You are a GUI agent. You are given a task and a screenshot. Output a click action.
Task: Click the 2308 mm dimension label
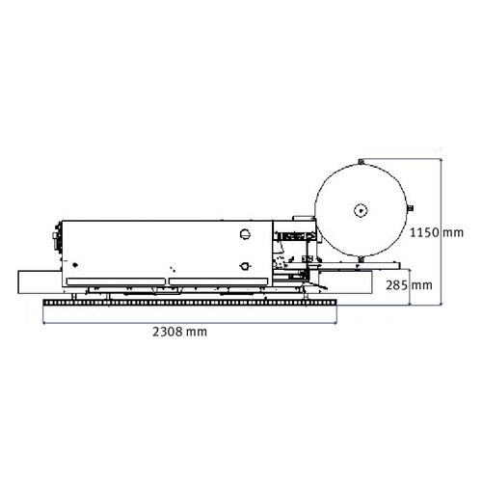tap(179, 332)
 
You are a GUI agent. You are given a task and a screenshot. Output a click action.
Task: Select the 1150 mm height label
tap(437, 232)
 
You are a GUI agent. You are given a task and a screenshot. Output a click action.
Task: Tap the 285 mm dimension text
tap(409, 285)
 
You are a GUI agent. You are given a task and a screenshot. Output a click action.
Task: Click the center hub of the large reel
tap(361, 211)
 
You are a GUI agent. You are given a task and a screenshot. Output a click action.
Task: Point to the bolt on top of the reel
tap(361, 161)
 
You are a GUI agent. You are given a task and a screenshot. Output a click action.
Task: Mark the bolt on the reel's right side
tap(410, 208)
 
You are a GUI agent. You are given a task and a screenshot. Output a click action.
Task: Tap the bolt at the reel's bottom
tap(361, 258)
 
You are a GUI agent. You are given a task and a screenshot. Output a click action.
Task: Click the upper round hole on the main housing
tap(245, 234)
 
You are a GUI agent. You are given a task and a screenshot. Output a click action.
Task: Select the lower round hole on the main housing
tap(245, 266)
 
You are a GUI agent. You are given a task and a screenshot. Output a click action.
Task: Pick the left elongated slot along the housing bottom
tap(116, 281)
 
